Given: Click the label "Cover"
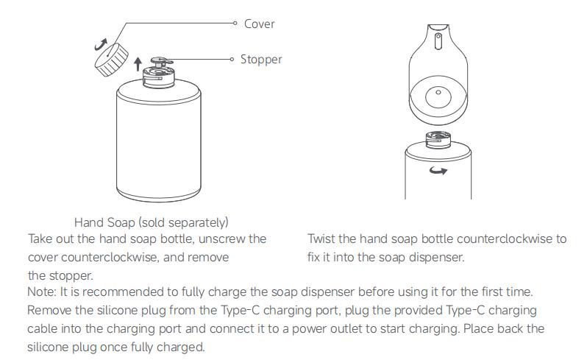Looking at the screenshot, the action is (259, 24).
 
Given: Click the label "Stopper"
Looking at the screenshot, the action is (261, 59).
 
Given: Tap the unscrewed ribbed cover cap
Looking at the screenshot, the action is (111, 60).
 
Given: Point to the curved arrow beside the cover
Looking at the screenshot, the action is (101, 45).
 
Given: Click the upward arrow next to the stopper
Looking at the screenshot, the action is (138, 64).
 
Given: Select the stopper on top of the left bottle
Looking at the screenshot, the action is (161, 61).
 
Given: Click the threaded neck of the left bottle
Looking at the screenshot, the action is (159, 77).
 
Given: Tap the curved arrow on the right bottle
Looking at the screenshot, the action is (438, 171).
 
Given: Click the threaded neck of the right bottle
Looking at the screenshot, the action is (438, 139).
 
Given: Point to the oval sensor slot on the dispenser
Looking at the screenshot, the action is (438, 41).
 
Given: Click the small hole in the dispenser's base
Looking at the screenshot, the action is (438, 92).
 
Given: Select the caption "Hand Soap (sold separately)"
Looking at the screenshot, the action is (152, 222).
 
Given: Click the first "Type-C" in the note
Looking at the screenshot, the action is (241, 310).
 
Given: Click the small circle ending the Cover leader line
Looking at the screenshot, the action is (235, 24).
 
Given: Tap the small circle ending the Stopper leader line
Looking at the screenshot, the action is (232, 59).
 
